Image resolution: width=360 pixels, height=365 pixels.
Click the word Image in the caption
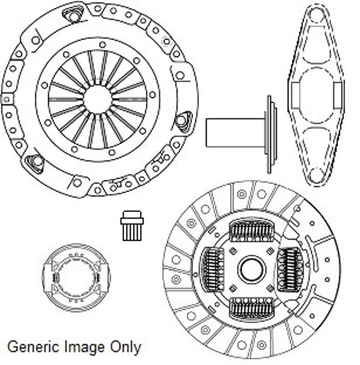pyautogui.click(x=86, y=347)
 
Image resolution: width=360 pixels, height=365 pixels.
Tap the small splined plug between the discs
pyautogui.click(x=132, y=226)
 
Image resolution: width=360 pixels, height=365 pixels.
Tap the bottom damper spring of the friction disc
pyautogui.click(x=252, y=308)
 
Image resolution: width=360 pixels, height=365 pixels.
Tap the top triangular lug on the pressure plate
pyautogui.click(x=73, y=15)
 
